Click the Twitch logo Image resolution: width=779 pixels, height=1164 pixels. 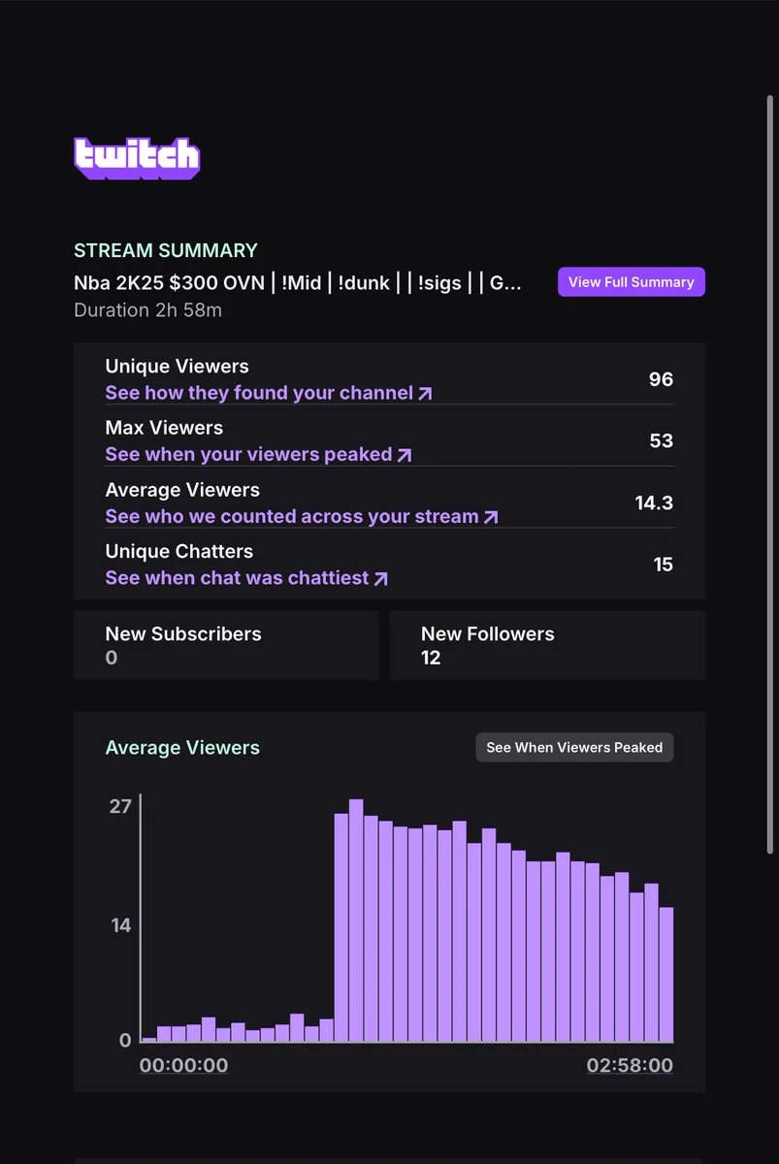(x=137, y=158)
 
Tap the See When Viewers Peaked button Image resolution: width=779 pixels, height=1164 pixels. (x=574, y=747)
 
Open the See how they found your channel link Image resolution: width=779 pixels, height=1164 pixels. (x=269, y=393)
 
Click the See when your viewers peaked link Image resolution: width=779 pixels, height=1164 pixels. (x=258, y=455)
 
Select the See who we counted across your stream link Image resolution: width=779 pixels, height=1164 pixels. (x=302, y=516)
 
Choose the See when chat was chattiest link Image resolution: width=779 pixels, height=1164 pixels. (x=246, y=578)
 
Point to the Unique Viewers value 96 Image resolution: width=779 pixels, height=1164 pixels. (x=661, y=379)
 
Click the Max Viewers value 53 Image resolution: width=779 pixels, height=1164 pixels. (x=661, y=440)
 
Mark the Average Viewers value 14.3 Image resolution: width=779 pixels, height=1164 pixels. (x=654, y=502)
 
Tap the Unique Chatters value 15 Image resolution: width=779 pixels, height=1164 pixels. (x=664, y=565)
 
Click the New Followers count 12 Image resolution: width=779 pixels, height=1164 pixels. (x=431, y=658)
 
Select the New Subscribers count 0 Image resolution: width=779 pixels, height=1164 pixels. (x=112, y=658)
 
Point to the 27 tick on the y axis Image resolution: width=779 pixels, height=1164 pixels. (x=120, y=806)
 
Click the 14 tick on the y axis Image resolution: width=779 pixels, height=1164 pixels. (x=120, y=925)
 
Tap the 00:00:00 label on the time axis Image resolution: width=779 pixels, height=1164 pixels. (x=184, y=1065)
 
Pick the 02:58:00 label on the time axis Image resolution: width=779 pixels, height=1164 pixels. (x=630, y=1065)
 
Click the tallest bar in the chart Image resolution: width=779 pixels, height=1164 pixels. (x=356, y=921)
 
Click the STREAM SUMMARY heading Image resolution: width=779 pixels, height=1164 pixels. (x=166, y=250)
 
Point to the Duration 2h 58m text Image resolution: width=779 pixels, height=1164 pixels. (x=148, y=310)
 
